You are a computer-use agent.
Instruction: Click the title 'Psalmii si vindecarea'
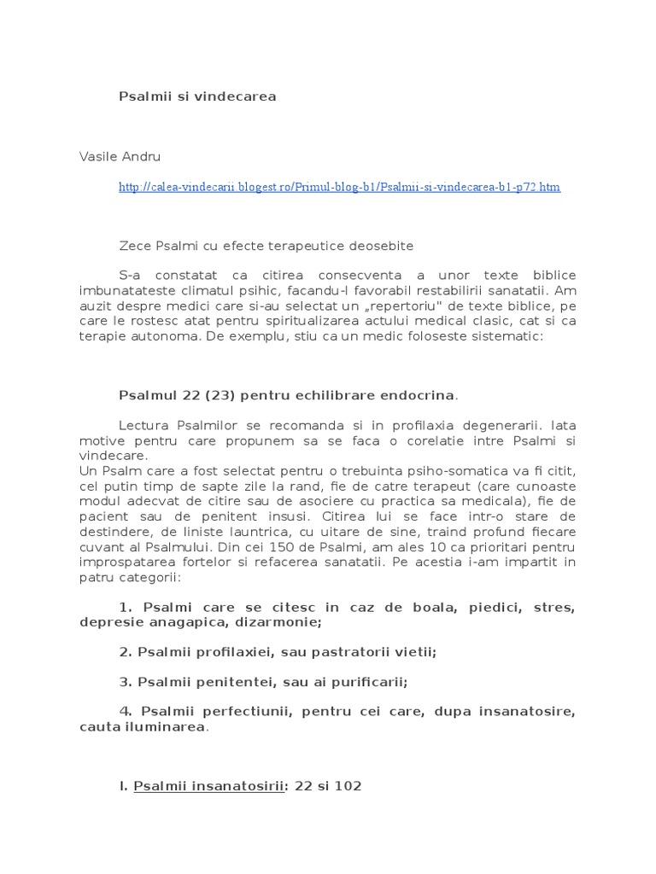(x=196, y=97)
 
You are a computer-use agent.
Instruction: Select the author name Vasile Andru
(x=120, y=157)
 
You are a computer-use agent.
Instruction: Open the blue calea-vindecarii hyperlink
(x=339, y=187)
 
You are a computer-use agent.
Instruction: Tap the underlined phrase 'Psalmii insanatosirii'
(x=208, y=785)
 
